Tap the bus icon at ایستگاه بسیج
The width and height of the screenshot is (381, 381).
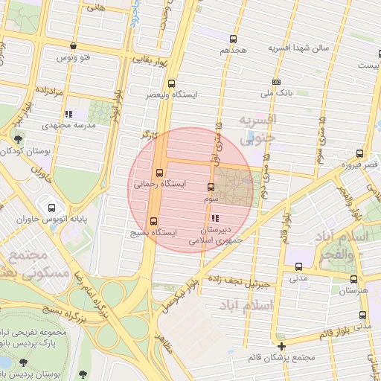[154, 220]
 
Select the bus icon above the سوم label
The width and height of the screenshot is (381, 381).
[211, 188]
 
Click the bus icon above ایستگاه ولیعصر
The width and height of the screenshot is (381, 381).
[173, 83]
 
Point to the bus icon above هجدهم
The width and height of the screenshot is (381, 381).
[234, 39]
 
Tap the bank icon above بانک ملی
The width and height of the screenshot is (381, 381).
[277, 83]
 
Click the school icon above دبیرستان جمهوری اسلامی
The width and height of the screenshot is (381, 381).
[215, 218]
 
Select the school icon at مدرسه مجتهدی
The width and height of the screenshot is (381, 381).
[68, 114]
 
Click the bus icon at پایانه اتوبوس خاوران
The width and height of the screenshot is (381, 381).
[51, 208]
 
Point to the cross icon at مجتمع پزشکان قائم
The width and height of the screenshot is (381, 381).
[281, 347]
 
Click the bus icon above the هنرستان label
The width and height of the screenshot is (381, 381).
[353, 278]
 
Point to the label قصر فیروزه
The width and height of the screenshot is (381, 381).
[359, 164]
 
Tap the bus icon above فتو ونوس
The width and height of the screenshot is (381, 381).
[73, 45]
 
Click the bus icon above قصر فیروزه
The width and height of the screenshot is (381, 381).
[359, 153]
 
